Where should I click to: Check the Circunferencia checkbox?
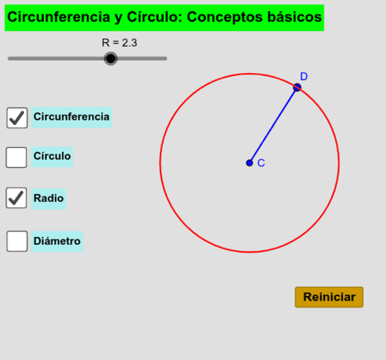[17, 117]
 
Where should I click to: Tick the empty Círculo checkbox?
[17, 157]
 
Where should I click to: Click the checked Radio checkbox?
[17, 198]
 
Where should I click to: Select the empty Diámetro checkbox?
[17, 241]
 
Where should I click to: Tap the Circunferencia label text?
[72, 117]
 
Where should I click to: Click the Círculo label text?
[52, 156]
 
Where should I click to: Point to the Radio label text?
[48, 198]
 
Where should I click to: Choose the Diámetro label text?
[57, 241]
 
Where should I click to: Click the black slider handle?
[111, 59]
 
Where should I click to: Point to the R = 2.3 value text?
[119, 43]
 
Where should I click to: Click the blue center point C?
[250, 163]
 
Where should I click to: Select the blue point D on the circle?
[297, 87]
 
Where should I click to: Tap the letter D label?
[304, 76]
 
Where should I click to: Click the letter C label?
[261, 163]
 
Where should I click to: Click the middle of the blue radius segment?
[273, 125]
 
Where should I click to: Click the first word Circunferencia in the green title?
[59, 17]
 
